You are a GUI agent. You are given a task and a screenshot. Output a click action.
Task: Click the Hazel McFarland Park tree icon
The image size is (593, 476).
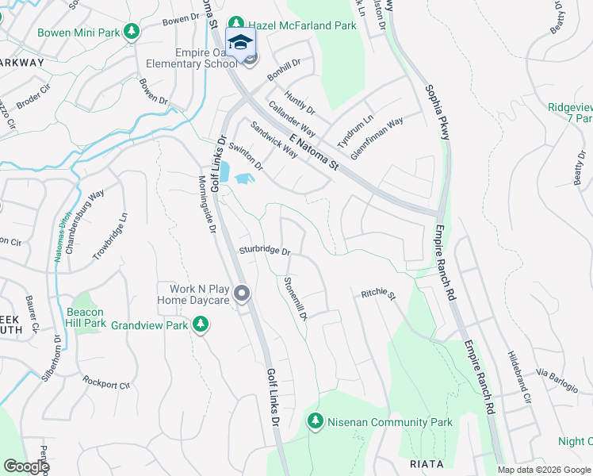pyautogui.click(x=235, y=25)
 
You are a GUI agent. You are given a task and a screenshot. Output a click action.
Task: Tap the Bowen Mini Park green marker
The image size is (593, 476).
pyautogui.click(x=132, y=33)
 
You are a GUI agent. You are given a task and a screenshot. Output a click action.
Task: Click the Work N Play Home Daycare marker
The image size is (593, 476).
pyautogui.click(x=243, y=295)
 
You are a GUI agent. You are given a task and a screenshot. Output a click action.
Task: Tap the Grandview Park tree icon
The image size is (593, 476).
pyautogui.click(x=201, y=324)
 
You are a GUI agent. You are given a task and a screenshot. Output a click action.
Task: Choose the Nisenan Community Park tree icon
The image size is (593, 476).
pyautogui.click(x=316, y=421)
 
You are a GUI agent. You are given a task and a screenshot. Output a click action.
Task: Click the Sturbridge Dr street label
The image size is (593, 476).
pyautogui.click(x=266, y=250)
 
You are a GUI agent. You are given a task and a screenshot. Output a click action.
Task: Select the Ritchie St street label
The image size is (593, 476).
pyautogui.click(x=378, y=294)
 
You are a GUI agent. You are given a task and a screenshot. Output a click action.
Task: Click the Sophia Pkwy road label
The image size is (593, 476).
pyautogui.click(x=437, y=113)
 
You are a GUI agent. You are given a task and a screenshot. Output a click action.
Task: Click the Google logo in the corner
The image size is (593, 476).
pyautogui.click(x=25, y=466)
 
